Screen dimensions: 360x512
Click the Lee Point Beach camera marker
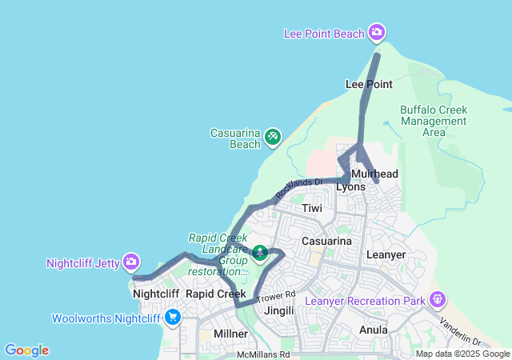tap(377, 33)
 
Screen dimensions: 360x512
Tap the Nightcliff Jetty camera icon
tap(131, 262)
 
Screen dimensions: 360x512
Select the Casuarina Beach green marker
tap(273, 138)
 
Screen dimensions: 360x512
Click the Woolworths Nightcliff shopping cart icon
tap(172, 318)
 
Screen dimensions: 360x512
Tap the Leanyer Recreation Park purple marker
tap(438, 300)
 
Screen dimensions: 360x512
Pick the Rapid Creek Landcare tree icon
tap(260, 254)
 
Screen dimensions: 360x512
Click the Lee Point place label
tap(368, 84)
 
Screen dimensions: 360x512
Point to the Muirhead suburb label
tap(374, 174)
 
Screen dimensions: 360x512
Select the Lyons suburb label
tap(350, 187)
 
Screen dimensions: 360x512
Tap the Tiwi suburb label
tap(312, 208)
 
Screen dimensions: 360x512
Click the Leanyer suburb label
tap(386, 254)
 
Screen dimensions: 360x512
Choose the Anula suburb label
tap(374, 330)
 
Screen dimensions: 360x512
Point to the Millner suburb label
tap(230, 333)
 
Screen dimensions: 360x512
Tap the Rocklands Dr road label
tap(298, 188)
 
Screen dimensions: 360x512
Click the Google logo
tap(26, 350)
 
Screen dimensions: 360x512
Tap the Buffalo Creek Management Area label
tap(433, 121)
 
